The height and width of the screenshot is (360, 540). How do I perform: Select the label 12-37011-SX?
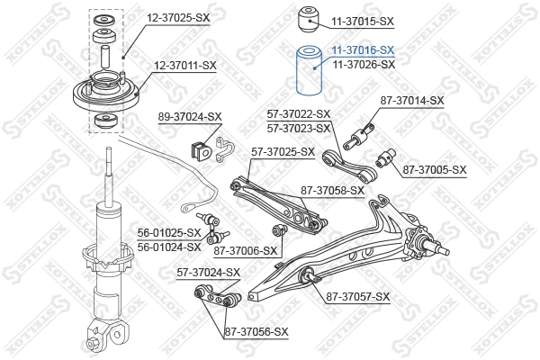tap(184, 65)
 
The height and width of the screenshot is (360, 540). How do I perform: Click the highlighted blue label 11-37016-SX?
tap(364, 51)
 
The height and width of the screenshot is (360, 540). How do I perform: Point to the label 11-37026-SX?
tap(364, 65)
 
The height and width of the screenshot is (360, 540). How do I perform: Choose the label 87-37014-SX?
tap(411, 100)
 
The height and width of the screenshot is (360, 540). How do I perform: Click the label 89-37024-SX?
tap(190, 116)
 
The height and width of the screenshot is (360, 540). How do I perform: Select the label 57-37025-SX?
tap(283, 152)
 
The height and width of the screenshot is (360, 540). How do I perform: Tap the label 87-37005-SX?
tap(434, 169)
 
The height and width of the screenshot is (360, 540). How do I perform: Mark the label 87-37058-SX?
tap(332, 190)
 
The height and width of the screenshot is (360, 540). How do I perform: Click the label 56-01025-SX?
tap(169, 233)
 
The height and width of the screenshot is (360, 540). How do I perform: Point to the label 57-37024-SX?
tap(208, 272)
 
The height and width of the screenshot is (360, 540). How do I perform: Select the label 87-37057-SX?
tap(357, 296)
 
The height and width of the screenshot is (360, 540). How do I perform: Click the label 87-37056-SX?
tap(256, 332)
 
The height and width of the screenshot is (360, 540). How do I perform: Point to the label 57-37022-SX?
tap(299, 113)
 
